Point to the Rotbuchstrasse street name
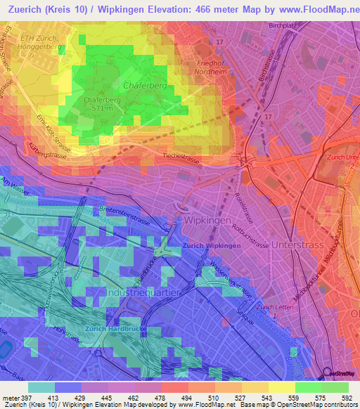pos(255,246)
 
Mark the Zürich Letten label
pos(274,308)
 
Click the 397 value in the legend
pos(22,398)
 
